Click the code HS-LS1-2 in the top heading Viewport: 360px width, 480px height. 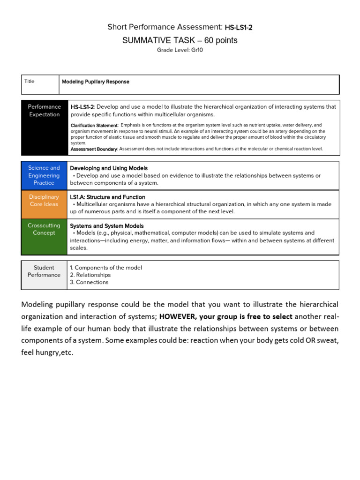[x=239, y=28]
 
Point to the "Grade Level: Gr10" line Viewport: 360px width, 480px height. [x=180, y=50]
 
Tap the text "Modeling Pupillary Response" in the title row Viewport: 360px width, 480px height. [x=96, y=82]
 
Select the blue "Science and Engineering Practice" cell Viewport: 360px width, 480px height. [x=44, y=175]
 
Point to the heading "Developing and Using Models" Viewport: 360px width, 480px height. [x=109, y=168]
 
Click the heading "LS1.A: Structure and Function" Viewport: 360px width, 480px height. [x=107, y=197]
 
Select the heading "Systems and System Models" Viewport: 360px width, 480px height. [x=107, y=226]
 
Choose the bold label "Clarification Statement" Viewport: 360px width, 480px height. [x=94, y=126]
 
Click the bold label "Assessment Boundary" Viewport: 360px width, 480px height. [x=93, y=149]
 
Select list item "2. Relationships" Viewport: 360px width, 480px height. [x=90, y=275]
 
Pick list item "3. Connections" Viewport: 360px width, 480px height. [x=89, y=282]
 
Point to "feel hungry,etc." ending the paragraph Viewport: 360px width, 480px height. [x=47, y=352]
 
